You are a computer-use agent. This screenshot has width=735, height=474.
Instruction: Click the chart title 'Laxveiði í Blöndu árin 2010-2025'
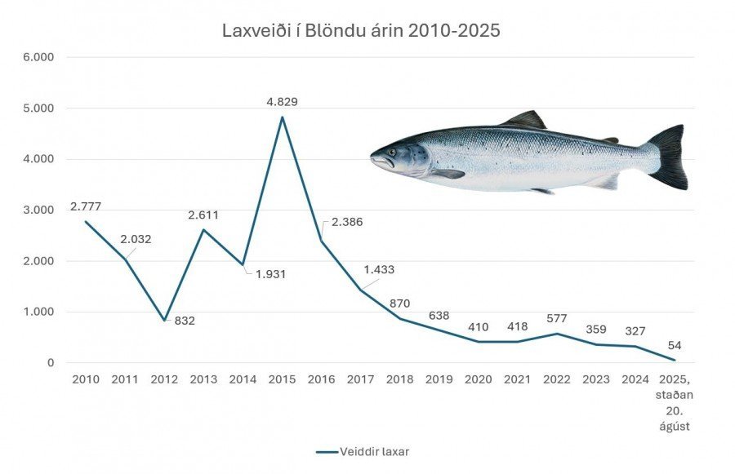(x=361, y=31)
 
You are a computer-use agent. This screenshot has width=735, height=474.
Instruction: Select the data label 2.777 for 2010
(x=86, y=206)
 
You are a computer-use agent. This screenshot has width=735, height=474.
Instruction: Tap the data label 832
(x=185, y=321)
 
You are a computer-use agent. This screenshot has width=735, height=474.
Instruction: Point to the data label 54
(x=674, y=346)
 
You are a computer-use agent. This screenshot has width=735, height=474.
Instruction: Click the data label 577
(x=557, y=318)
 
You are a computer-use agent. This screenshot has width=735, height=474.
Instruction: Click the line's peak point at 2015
(x=283, y=117)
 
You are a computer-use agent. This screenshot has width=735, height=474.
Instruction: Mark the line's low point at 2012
(x=164, y=320)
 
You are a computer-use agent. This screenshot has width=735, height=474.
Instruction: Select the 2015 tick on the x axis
(x=282, y=379)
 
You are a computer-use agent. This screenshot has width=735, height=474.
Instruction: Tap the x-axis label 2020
(x=479, y=379)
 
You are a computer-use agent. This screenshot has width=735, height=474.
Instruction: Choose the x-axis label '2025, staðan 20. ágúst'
(x=675, y=400)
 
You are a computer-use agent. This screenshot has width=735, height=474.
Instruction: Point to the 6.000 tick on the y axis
(x=38, y=58)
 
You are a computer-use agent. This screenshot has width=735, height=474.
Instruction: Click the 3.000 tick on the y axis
(x=38, y=210)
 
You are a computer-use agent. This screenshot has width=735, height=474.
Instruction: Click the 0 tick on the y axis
(x=51, y=363)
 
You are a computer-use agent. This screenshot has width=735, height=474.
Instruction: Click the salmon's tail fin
(x=670, y=156)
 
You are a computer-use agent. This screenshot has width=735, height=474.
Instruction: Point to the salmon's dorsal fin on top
(x=525, y=119)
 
